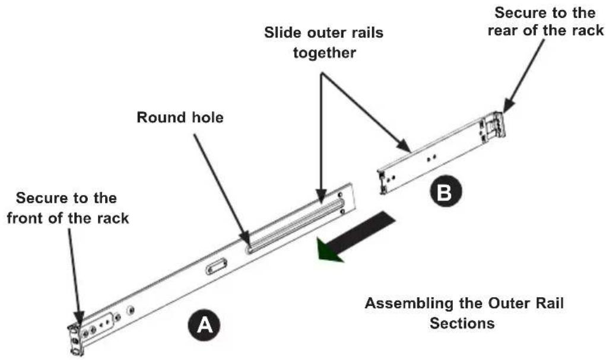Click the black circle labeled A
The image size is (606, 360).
coord(204,324)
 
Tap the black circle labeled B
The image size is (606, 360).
coord(446,191)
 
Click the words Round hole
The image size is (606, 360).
coord(180,117)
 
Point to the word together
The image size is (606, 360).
coord(324,53)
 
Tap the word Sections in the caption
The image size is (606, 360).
coord(462,323)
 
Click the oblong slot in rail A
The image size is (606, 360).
coord(217,266)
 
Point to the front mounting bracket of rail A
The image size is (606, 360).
coord(76,339)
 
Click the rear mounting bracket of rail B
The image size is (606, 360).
coord(493,126)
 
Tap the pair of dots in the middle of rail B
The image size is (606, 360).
coord(432,158)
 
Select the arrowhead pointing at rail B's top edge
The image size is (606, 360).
coord(404,146)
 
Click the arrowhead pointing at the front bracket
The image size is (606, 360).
coord(79,317)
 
